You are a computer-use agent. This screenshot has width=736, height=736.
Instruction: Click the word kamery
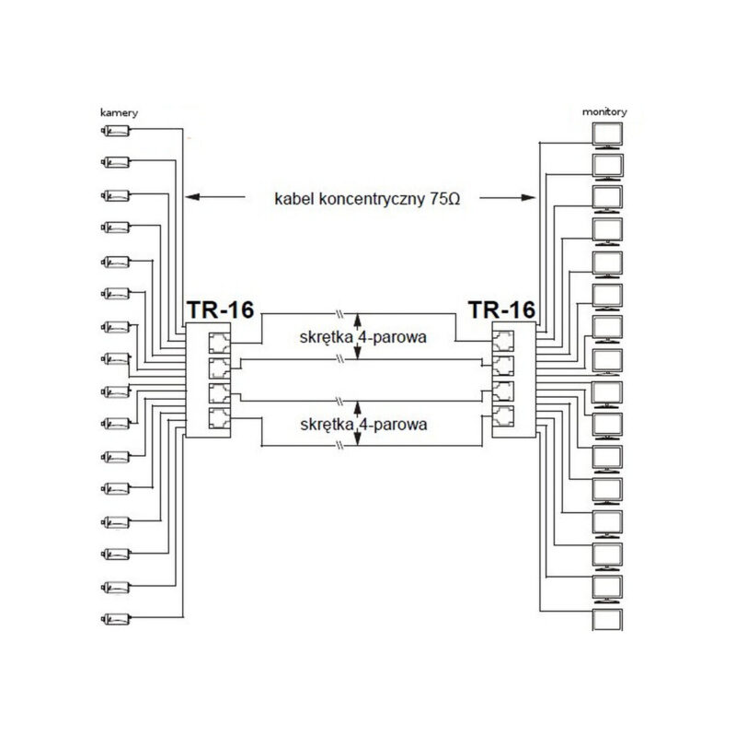pos(120,112)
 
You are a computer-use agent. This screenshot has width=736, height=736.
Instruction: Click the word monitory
pos(604,111)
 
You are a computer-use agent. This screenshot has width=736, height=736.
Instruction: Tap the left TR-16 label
pos(220,310)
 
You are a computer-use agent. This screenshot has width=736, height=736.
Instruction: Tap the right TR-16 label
pos(501,310)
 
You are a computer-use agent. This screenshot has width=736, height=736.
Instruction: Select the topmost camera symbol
pos(116,130)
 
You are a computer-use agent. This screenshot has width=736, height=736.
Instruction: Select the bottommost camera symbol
pos(116,618)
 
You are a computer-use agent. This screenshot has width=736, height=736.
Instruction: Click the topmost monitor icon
pos(607,135)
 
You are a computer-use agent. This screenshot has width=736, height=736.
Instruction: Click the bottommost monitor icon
pos(607,620)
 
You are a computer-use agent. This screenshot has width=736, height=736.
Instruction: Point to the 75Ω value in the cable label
pos(444,199)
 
